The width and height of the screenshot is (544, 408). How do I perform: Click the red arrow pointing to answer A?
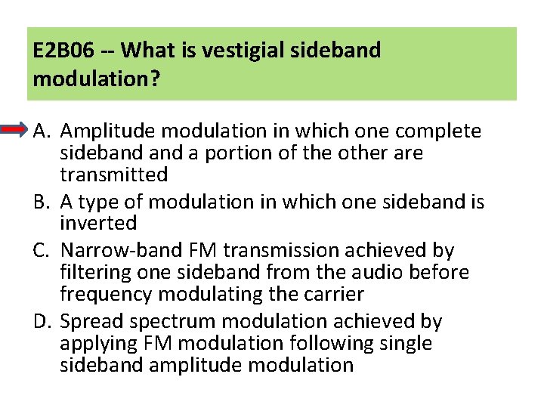coord(16,131)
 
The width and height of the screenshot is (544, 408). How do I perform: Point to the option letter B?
coord(41,202)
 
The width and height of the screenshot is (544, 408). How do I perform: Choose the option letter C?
coord(41,250)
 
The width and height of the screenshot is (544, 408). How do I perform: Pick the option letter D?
coord(41,322)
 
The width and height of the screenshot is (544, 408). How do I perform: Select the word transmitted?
coord(113,175)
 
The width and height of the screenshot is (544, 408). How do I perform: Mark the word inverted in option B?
coord(98,224)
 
